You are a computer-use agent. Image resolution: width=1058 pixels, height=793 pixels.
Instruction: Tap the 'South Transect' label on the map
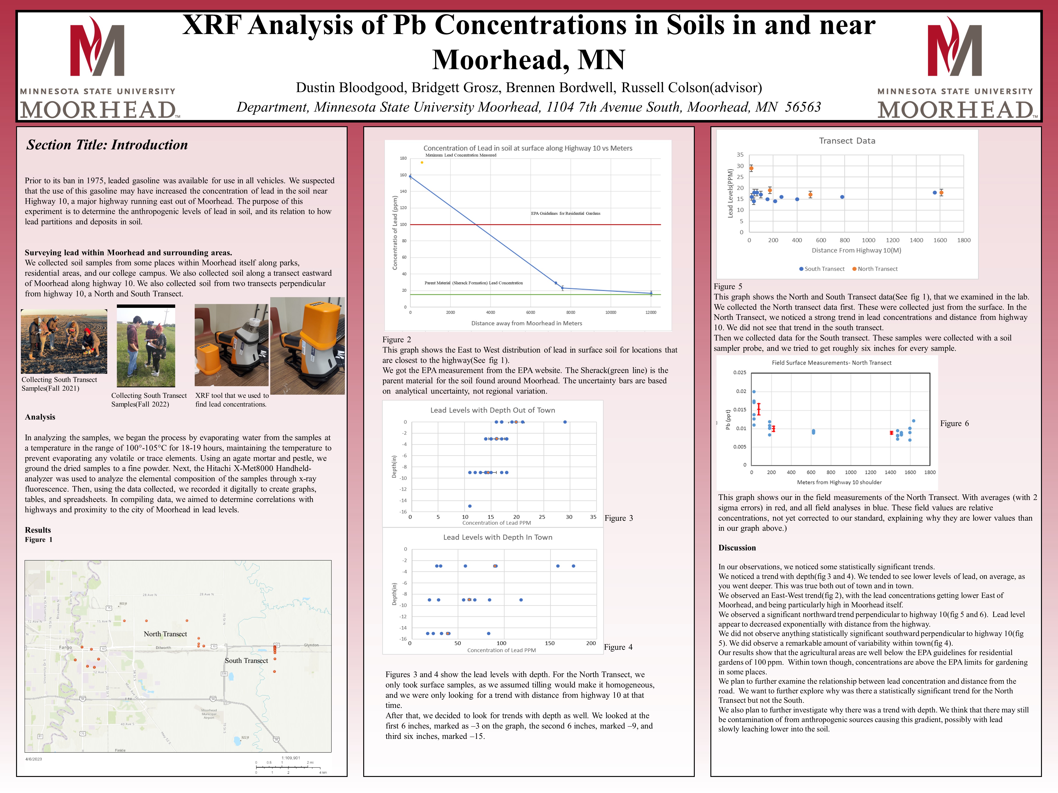tap(246, 661)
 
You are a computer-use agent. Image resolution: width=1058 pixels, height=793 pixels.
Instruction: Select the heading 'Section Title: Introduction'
tap(107, 145)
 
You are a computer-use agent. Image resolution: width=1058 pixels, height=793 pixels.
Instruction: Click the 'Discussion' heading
tap(737, 548)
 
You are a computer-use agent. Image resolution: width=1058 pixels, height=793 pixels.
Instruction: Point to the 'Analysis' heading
tap(40, 417)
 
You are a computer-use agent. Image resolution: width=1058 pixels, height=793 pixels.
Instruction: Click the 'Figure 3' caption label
tap(619, 518)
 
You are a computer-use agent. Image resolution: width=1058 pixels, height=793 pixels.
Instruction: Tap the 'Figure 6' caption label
tap(954, 424)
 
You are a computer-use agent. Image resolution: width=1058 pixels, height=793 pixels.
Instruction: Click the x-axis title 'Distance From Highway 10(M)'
tap(856, 251)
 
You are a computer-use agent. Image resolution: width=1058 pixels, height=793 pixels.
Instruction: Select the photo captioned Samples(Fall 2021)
tap(64, 341)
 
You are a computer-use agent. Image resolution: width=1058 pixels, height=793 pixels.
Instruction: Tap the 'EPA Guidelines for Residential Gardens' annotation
tap(565, 214)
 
